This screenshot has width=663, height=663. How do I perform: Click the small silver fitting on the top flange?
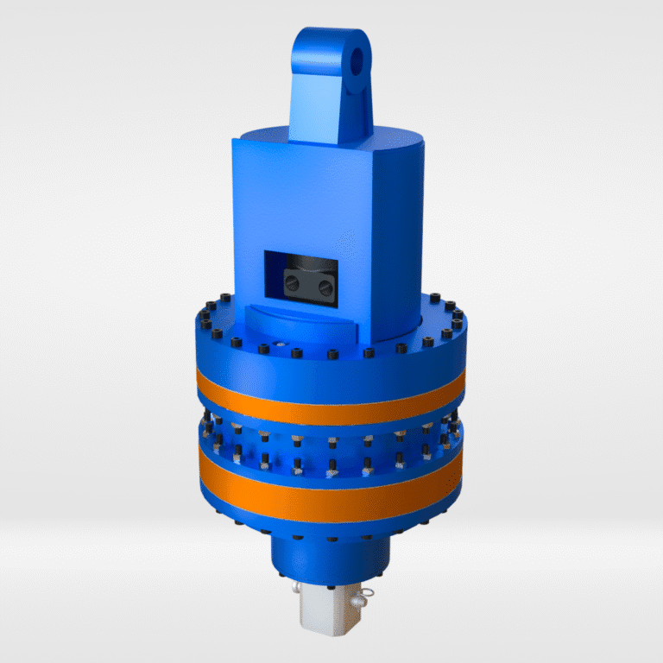(277, 344)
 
